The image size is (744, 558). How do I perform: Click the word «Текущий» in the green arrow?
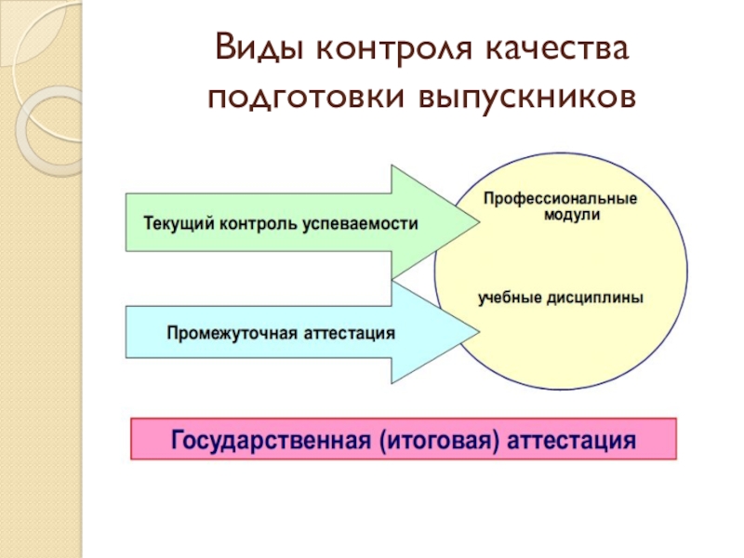173,224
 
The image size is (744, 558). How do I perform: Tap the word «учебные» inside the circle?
509,299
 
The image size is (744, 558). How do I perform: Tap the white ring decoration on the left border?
46,130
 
